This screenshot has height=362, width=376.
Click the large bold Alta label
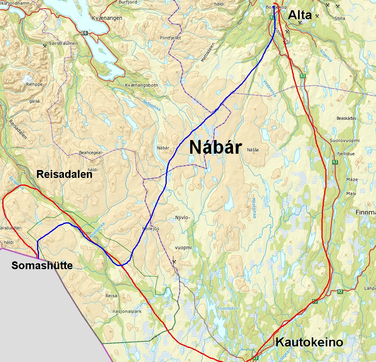coord(300,15)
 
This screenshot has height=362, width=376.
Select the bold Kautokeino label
coord(309,342)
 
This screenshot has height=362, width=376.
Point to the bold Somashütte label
coord(42,266)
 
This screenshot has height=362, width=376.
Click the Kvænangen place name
coord(107,18)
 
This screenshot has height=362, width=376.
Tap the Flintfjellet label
coord(171,38)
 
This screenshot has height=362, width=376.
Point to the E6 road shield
coord(83,33)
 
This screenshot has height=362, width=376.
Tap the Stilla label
coord(340,18)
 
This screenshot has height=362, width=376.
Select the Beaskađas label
coord(346,118)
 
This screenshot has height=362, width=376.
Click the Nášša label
coord(252,149)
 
